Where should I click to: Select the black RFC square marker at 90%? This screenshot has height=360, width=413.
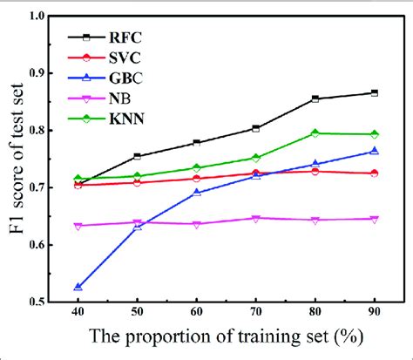point(374,92)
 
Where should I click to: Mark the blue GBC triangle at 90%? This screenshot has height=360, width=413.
point(374,152)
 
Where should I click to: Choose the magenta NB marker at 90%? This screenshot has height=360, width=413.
point(374,219)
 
